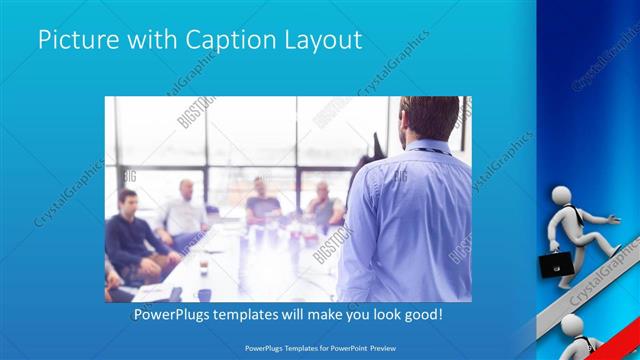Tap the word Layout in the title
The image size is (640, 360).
pos(323,41)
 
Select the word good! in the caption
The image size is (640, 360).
pos(421,315)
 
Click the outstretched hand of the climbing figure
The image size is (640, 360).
pos(613,217)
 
